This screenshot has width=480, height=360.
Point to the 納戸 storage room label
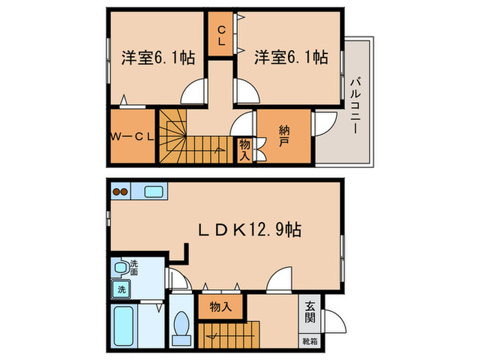[283, 136]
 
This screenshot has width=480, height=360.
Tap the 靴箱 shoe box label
[310, 341]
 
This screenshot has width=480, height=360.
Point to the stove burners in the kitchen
[121, 191]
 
